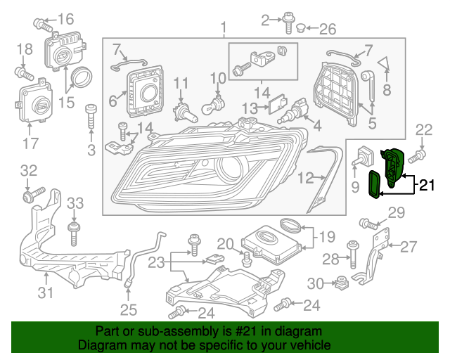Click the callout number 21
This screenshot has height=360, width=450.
(427, 186)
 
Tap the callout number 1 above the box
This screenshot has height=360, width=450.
(224, 29)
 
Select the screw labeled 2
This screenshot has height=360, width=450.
(288, 22)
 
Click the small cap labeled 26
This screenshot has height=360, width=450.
(300, 29)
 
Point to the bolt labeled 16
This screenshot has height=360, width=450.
(42, 25)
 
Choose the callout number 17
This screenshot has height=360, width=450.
(30, 146)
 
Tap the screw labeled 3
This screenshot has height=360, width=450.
(90, 115)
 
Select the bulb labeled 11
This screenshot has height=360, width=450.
(182, 111)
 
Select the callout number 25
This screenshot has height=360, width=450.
(129, 309)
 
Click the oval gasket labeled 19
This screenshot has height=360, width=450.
(288, 225)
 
